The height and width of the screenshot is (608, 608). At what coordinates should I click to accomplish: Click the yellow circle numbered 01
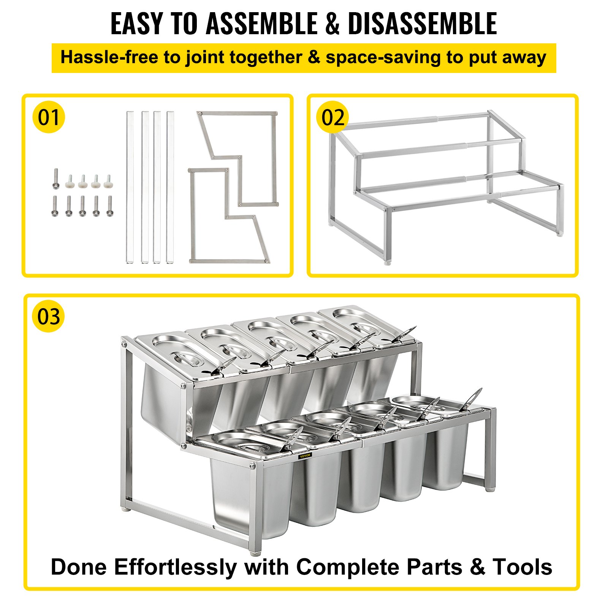click(49, 117)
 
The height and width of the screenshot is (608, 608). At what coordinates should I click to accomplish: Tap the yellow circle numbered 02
click(332, 117)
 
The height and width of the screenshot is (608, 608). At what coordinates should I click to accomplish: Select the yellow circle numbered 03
click(49, 317)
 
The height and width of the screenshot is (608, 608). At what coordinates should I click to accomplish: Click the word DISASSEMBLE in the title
click(422, 24)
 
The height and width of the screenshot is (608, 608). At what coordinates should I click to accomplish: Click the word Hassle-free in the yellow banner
click(109, 58)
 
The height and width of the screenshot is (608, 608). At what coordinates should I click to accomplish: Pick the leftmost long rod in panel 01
click(130, 187)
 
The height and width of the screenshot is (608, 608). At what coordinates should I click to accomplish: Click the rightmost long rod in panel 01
click(170, 187)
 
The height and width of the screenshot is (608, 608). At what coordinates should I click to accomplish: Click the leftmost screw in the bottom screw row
click(55, 206)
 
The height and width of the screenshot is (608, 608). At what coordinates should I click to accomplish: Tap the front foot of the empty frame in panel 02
click(387, 262)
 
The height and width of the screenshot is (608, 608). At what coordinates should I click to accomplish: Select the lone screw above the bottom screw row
click(56, 179)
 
